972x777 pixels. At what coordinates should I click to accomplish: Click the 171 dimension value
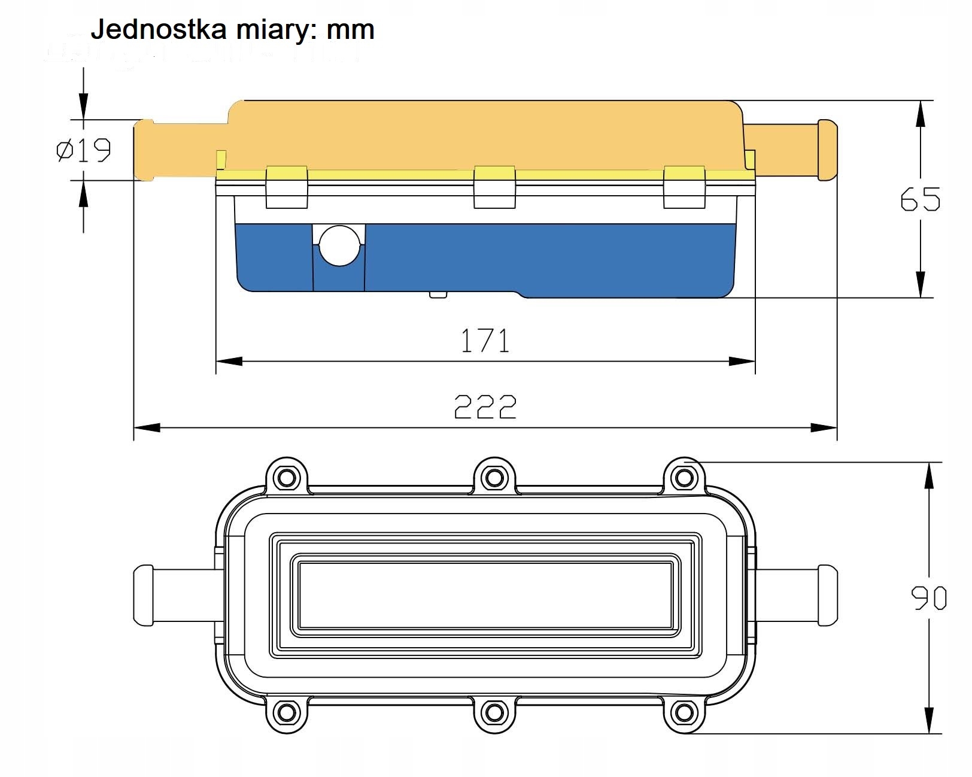485,341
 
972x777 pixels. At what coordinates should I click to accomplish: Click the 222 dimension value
485,406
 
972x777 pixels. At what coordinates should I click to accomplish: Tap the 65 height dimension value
920,199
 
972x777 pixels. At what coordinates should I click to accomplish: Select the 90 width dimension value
928,598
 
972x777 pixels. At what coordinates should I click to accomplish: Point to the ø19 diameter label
84,150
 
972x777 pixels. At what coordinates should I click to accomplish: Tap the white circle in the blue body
339,245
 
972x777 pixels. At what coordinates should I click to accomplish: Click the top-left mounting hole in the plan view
286,478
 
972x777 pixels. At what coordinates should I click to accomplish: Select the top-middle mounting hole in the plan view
494,478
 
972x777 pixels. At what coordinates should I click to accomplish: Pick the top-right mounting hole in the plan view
684,478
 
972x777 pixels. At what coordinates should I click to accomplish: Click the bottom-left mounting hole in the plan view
286,712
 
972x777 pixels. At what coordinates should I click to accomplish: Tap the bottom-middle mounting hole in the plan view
494,712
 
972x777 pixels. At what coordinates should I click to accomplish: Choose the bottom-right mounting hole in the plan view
684,712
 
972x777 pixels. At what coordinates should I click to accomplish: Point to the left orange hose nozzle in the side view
180,150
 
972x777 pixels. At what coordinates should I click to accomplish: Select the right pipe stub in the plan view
796,596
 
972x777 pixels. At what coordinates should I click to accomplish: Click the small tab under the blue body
438,294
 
